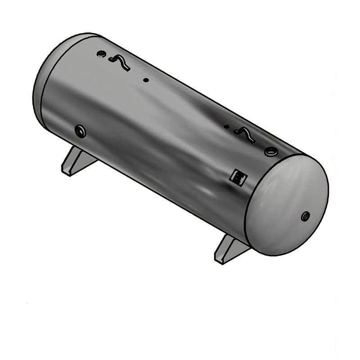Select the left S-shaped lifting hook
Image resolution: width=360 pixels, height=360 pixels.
click(119, 63)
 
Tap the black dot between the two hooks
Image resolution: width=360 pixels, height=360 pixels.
click(146, 81)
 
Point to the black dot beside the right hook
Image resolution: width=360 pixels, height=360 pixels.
click(226, 127)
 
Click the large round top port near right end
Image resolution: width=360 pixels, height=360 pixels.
click(271, 152)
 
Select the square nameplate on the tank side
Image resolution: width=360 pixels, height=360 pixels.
click(237, 177)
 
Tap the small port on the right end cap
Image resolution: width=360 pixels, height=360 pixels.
click(306, 216)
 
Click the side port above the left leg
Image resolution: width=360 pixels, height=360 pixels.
click(81, 131)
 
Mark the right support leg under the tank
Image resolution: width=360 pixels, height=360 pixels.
click(229, 249)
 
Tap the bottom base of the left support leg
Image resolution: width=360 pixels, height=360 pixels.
click(67, 172)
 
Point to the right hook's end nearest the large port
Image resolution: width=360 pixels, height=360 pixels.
click(253, 140)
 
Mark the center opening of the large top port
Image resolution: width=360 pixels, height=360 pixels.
click(271, 152)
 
